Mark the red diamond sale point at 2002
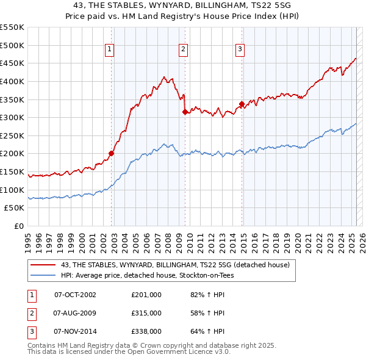[x=112, y=154]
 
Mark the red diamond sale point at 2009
[x=185, y=112]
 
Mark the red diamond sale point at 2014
[x=242, y=104]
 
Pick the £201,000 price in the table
[x=146, y=294]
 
